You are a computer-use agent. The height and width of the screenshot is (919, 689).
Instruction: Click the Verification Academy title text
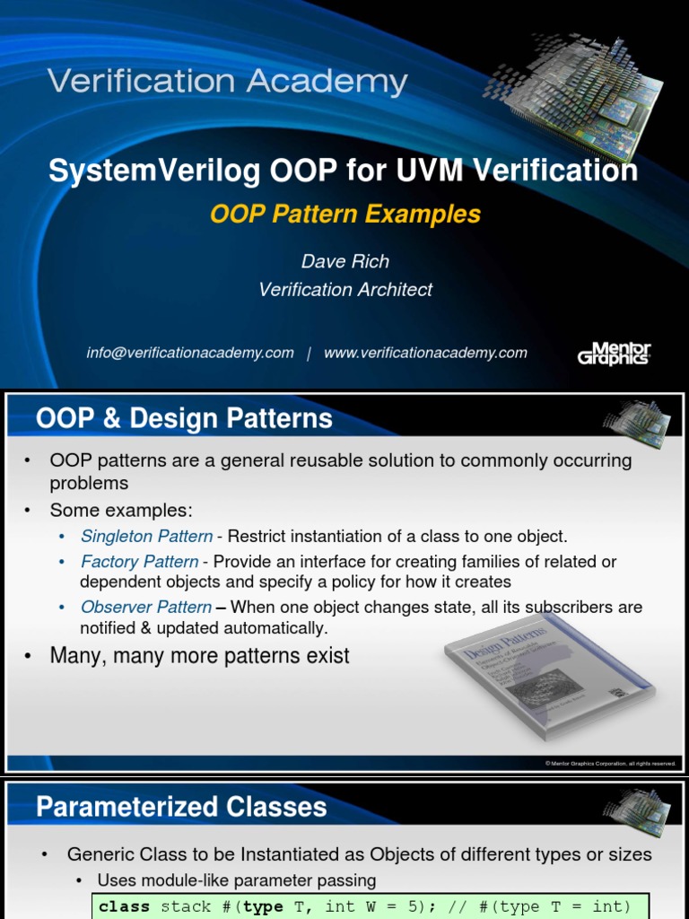click(228, 83)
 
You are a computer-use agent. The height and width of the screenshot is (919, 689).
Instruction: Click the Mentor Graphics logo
click(614, 353)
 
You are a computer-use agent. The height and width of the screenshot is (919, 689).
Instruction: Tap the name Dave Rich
click(345, 261)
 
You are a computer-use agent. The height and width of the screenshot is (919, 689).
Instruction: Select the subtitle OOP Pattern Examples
click(345, 214)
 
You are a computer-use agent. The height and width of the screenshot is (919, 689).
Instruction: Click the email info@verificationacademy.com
click(190, 353)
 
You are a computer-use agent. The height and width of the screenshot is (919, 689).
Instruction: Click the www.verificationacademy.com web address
click(425, 353)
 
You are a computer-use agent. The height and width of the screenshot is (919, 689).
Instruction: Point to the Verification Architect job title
click(345, 289)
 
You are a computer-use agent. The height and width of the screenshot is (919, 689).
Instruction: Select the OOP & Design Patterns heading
click(184, 418)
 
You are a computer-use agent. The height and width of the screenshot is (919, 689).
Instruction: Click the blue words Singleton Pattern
click(146, 536)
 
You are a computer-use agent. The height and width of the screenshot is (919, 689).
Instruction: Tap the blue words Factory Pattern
click(139, 562)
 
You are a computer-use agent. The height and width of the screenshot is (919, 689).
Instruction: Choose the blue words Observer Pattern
click(146, 608)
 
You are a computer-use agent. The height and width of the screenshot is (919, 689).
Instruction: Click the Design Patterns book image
click(548, 682)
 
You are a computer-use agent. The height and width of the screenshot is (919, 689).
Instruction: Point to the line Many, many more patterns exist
click(199, 656)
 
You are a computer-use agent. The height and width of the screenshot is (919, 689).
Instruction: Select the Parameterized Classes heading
click(181, 807)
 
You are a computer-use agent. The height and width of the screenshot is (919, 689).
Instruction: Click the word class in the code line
click(124, 906)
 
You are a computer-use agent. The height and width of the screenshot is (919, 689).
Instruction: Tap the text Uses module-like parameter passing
click(237, 880)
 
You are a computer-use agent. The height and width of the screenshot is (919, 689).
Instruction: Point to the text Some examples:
click(121, 510)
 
